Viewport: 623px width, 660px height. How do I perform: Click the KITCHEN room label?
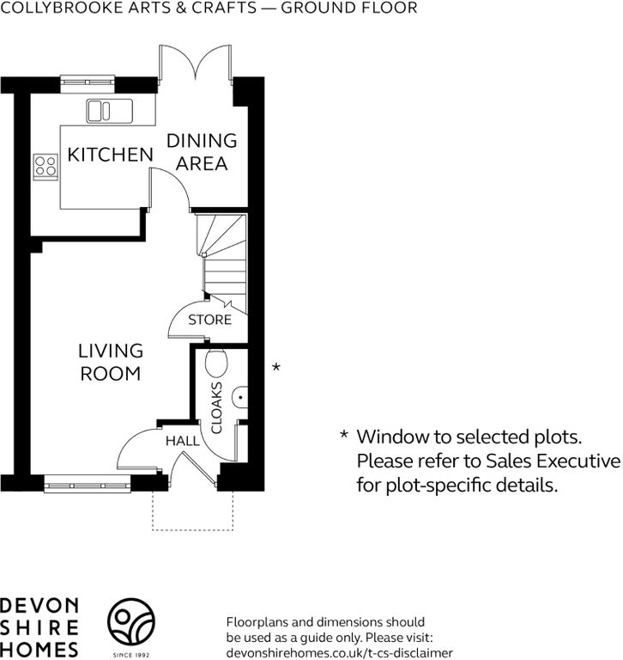point(110,155)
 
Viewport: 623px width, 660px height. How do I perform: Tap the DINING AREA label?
point(202,152)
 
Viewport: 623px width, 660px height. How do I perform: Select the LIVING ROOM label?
point(111,362)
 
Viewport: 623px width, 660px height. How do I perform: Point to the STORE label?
point(209,320)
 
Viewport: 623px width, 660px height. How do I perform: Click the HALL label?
point(183,441)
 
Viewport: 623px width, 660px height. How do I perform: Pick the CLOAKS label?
point(216,407)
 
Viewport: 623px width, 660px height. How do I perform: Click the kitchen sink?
point(109,111)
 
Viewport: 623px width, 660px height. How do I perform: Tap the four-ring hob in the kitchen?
point(45,167)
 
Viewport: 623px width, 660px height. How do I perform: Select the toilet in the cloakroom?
point(216,363)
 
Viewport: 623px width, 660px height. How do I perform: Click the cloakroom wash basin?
point(240,397)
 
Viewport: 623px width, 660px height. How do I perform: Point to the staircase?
point(221,263)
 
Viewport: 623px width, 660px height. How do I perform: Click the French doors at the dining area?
point(195,63)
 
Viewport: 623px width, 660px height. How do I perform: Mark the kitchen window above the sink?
point(88,83)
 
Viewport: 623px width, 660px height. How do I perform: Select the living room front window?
point(88,483)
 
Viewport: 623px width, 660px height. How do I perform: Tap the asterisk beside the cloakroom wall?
point(276,367)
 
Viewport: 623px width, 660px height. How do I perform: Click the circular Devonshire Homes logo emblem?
point(131,622)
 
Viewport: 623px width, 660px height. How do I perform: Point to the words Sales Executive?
point(553,461)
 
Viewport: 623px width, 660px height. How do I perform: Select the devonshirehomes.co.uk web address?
point(340,653)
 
